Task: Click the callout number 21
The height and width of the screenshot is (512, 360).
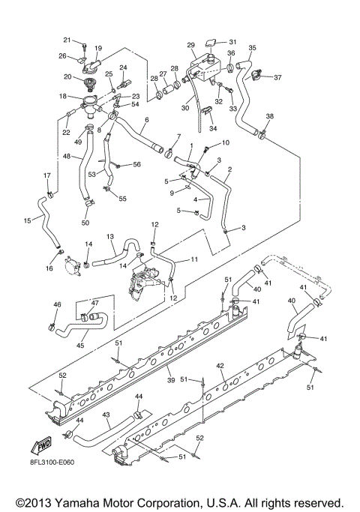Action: coord(66,40)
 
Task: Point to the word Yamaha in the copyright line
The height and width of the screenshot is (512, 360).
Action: coord(90,501)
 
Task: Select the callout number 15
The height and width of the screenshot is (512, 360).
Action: coord(28,220)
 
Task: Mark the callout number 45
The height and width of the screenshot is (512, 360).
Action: coord(79,346)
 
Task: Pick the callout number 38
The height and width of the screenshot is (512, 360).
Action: coord(270,116)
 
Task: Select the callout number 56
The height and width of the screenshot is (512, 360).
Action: coord(137,164)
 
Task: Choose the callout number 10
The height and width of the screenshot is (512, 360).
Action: coord(226,142)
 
